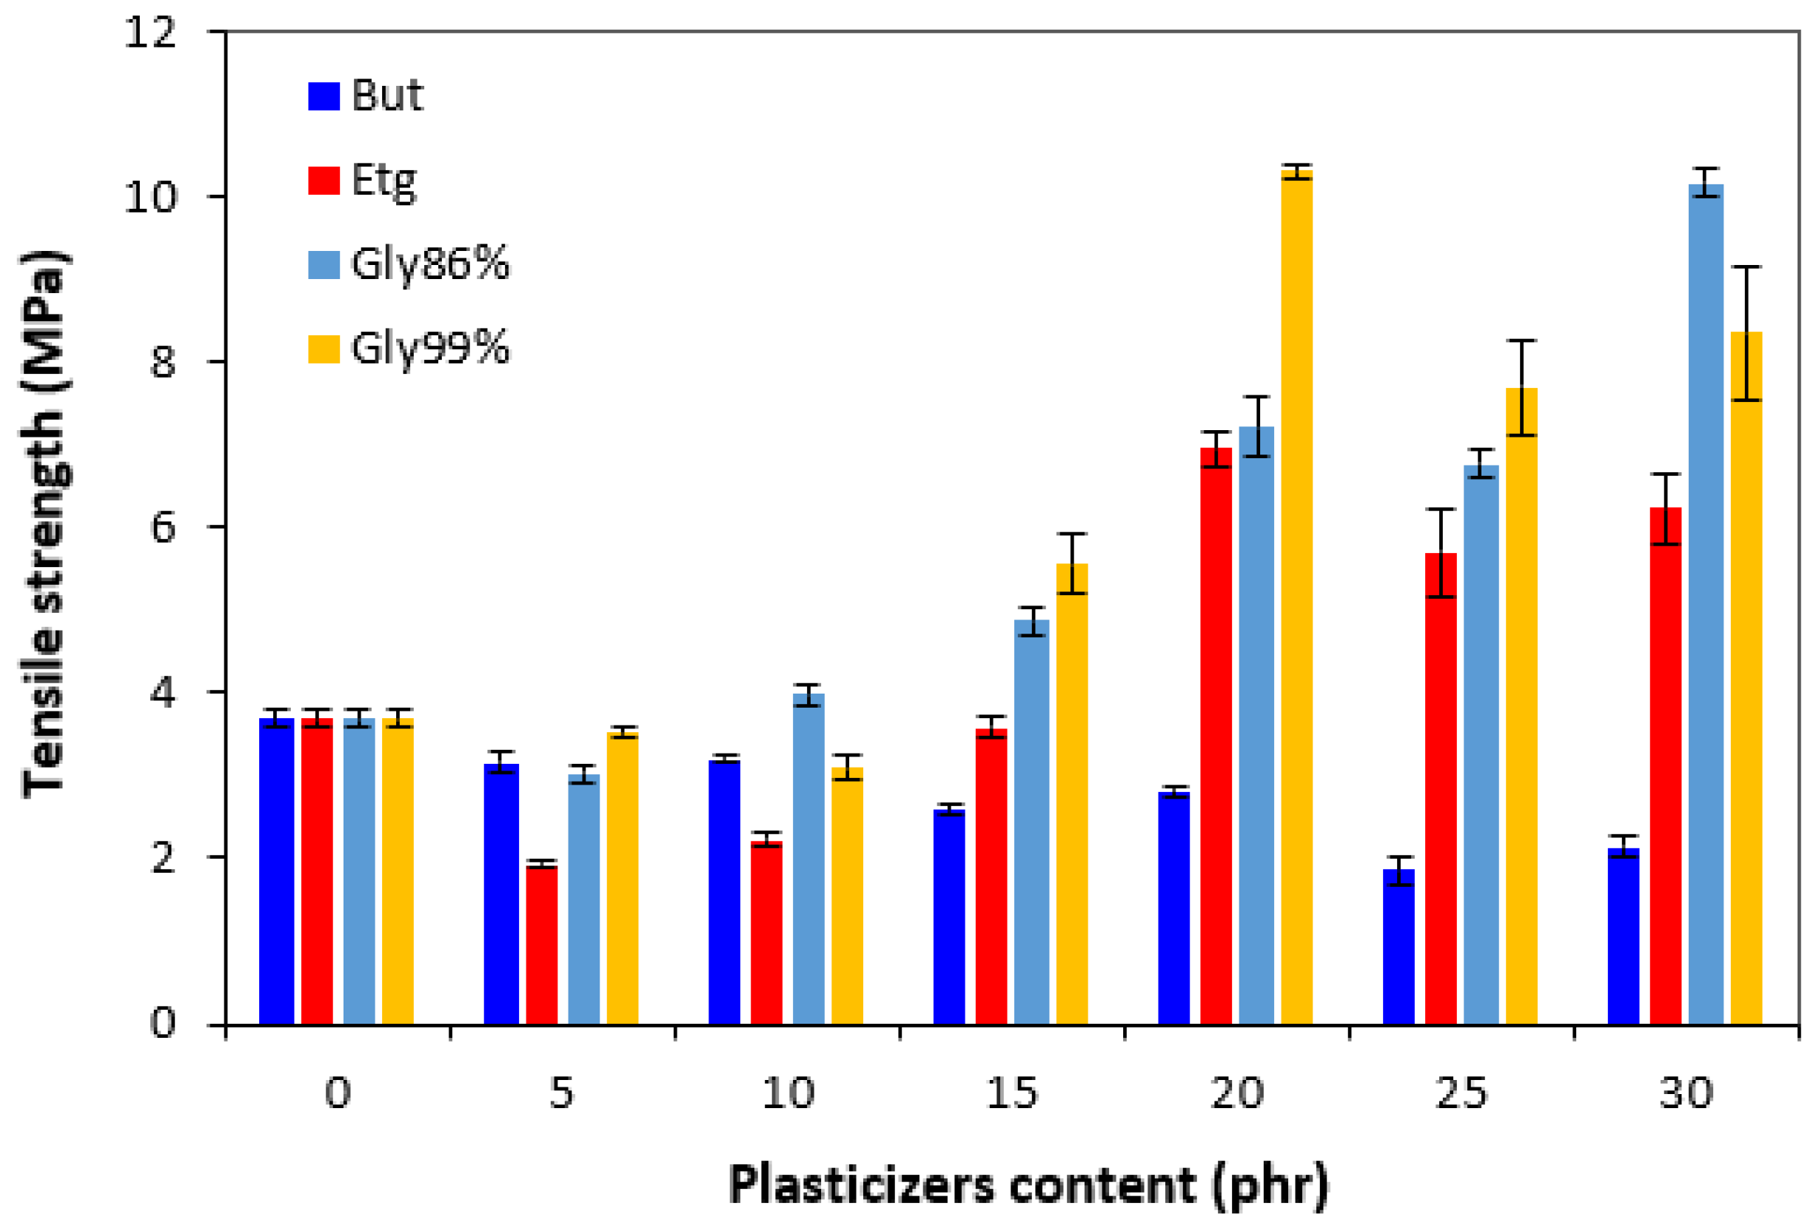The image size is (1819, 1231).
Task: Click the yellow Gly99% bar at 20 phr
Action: tap(1296, 594)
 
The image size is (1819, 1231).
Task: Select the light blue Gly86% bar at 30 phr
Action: tap(1706, 603)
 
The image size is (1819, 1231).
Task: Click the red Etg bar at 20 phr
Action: tap(1216, 736)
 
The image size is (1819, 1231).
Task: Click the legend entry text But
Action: tap(386, 95)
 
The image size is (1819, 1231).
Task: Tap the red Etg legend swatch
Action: tap(324, 180)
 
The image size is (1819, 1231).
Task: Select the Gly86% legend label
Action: tap(429, 264)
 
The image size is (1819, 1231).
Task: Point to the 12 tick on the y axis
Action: tap(151, 33)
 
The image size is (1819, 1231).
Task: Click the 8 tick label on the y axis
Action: tap(163, 362)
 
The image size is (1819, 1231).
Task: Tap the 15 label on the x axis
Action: tap(1011, 1093)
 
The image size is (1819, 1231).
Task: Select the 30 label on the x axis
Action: tap(1686, 1093)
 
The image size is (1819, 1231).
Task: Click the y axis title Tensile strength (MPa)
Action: tap(44, 524)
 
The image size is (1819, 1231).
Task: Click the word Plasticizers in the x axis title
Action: tap(862, 1185)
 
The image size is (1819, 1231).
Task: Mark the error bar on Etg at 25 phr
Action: tap(1440, 552)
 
